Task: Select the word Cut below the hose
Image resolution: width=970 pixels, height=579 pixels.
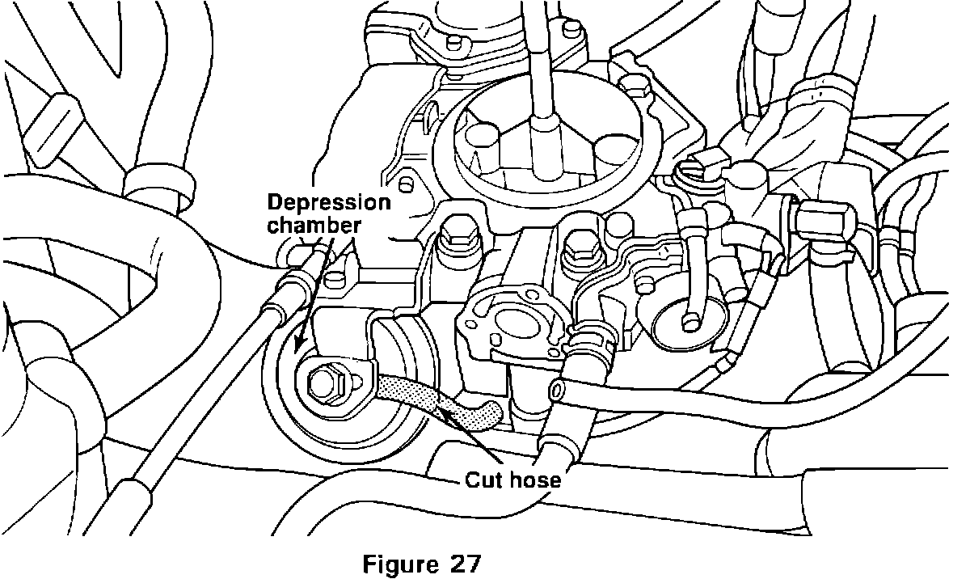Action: coord(481,480)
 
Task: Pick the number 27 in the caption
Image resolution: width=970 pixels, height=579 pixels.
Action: coord(464,560)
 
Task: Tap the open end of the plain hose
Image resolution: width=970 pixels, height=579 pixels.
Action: coord(558,389)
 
